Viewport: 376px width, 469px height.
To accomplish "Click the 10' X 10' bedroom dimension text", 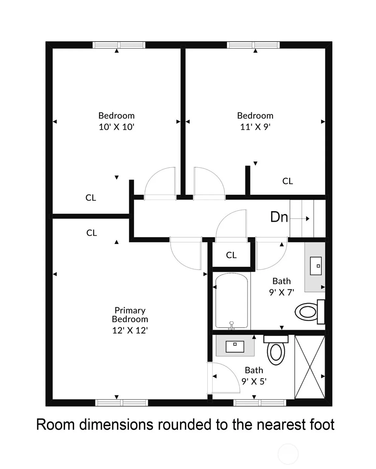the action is (x=117, y=127).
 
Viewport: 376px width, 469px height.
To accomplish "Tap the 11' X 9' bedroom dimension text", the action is (x=255, y=127).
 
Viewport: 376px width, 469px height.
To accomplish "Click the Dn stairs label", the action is (x=279, y=217).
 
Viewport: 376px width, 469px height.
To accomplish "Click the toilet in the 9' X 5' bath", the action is (x=276, y=350).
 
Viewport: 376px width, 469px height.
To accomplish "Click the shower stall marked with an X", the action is (x=310, y=367).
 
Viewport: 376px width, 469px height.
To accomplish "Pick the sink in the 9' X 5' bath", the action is (x=235, y=346).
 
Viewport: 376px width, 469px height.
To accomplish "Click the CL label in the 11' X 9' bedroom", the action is (x=288, y=181).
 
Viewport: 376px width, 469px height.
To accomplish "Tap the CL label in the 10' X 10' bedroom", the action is (x=91, y=198).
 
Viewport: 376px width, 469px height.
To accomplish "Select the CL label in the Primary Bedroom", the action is (x=92, y=233).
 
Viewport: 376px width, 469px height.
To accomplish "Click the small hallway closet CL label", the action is (x=231, y=255).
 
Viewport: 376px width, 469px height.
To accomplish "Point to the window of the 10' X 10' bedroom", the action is (x=119, y=45).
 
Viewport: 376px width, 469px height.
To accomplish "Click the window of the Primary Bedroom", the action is (x=122, y=403).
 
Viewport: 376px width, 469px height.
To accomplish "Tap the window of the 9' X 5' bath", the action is (x=260, y=403).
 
